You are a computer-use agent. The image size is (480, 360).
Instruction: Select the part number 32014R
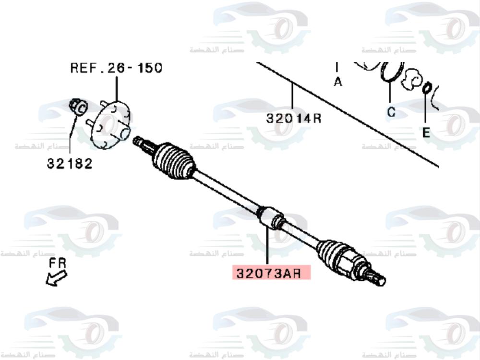pos(293,118)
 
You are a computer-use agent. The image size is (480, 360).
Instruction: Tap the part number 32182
pos(69,163)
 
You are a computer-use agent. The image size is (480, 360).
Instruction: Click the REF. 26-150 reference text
pos(116,68)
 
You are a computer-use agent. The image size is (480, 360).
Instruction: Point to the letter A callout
pos(338,82)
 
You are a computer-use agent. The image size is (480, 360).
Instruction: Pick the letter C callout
pos(391,112)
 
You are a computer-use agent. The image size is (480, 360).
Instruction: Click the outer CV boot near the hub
pos(174,161)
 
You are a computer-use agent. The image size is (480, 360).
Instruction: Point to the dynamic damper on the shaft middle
pos(271,217)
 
